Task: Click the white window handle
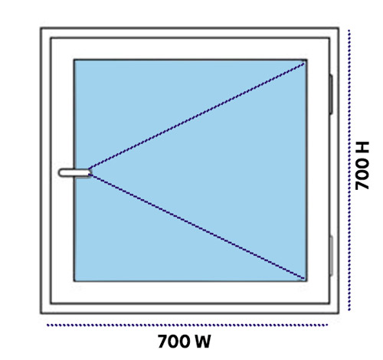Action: coord(75,172)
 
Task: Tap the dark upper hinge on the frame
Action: coord(331,94)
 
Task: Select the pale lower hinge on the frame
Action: coord(331,256)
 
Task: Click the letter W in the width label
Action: coord(201,342)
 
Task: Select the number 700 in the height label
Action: coord(362,174)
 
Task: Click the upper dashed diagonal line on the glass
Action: coord(197,116)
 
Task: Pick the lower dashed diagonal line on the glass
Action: coord(197,227)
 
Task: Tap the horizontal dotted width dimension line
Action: coord(187,325)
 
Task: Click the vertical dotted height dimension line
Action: coord(349,170)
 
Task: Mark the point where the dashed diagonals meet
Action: coord(90,172)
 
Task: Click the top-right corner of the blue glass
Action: coord(306,61)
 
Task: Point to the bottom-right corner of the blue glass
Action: coord(306,281)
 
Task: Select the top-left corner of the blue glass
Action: coord(74,61)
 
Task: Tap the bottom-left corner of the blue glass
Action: coord(74,281)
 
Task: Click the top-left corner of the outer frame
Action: coord(41,28)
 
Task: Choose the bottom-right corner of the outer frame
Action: coord(339,313)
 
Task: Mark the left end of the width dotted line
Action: coord(47,325)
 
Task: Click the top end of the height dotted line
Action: coord(349,31)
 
